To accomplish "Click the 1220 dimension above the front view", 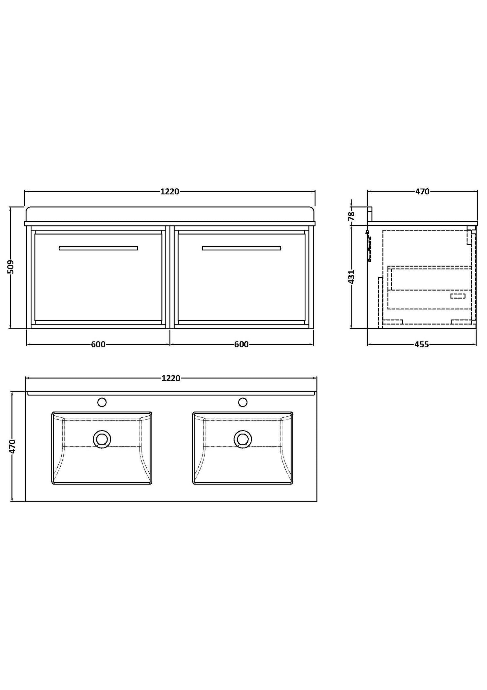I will pos(170,192).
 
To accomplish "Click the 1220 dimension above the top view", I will pos(171,378).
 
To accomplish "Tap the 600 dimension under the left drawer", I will pos(98,344).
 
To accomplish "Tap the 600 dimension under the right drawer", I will pos(241,344).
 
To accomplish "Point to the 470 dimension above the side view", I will pos(422,192).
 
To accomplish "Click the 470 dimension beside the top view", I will pos(12,446).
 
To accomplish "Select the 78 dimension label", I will pos(352,215).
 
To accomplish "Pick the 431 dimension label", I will pos(352,276).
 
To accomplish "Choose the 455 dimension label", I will pos(422,344).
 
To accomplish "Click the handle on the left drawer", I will pos(98,248).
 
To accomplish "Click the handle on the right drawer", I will pos(241,248).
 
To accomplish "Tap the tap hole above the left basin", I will pos(102,402).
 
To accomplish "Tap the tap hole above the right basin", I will pos(243,402).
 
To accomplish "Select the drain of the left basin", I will pos(102,439).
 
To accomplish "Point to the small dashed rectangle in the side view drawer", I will pos(458,296).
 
